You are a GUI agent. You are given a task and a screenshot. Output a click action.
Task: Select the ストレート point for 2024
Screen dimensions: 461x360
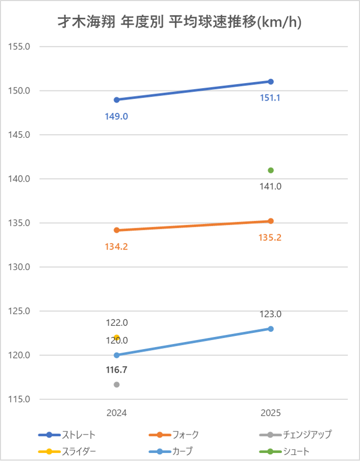[116, 100]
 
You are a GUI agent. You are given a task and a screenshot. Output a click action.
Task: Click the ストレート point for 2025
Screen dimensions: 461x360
[271, 82]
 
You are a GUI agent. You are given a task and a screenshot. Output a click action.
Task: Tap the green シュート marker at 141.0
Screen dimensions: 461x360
[271, 170]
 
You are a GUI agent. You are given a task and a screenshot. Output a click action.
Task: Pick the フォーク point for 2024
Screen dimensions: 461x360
[116, 230]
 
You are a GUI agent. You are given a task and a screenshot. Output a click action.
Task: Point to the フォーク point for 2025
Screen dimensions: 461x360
[271, 221]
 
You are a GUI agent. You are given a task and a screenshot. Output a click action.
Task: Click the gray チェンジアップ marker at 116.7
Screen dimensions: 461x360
[116, 384]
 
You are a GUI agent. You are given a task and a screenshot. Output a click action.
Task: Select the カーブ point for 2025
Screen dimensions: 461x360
[271, 329]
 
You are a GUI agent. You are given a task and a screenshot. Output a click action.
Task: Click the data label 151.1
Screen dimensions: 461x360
[271, 98]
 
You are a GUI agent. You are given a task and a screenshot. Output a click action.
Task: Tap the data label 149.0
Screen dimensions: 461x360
[116, 116]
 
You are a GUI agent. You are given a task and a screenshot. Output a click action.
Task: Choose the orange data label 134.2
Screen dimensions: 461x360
[116, 247]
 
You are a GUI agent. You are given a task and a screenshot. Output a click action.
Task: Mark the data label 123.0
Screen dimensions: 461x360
[271, 314]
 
